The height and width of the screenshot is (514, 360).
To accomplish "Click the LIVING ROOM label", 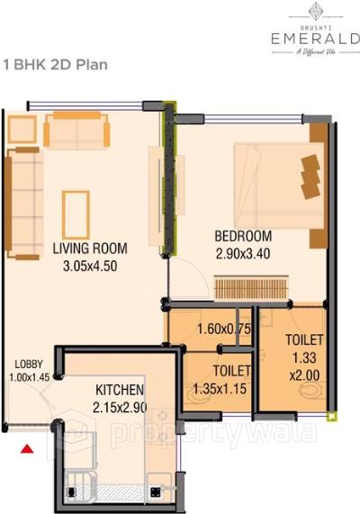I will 89,248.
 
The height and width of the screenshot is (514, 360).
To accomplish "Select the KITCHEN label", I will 120,390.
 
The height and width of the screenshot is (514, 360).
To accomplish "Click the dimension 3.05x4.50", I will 90,266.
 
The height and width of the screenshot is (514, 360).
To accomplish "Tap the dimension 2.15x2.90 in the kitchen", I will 120,408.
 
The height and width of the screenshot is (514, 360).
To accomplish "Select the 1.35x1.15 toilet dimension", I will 220,390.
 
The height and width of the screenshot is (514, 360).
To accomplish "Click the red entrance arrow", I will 28,447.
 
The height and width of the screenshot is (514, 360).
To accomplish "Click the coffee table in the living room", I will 75,212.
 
